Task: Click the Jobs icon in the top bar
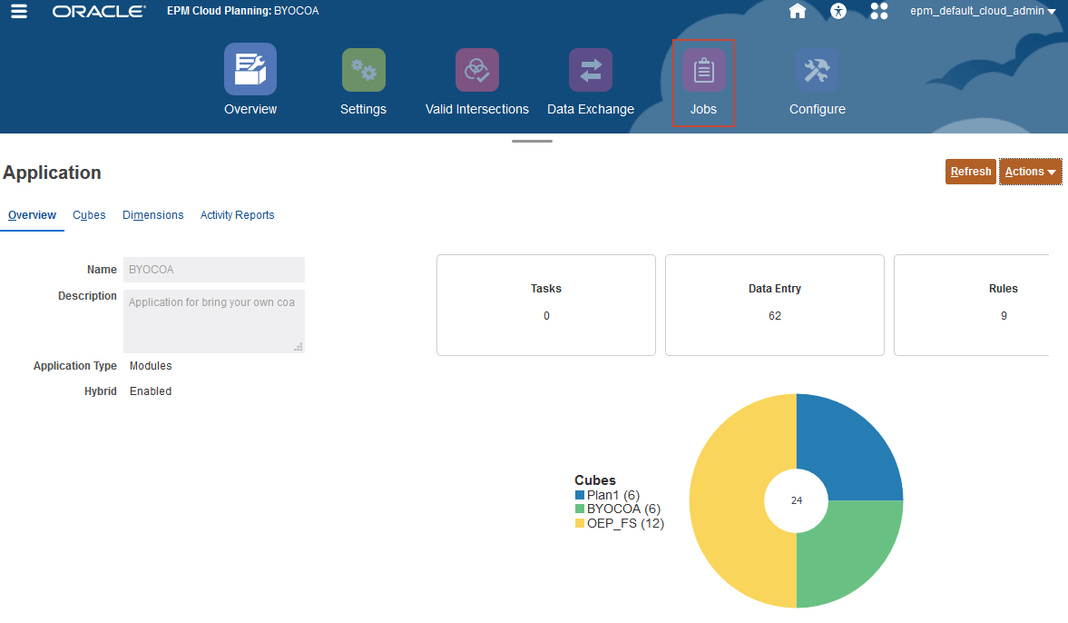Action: (x=703, y=71)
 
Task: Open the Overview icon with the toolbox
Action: (x=250, y=70)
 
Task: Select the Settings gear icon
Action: (x=364, y=70)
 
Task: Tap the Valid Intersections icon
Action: (x=477, y=70)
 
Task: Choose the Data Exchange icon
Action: (x=591, y=70)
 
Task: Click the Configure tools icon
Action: (x=818, y=70)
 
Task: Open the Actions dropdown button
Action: (x=1031, y=172)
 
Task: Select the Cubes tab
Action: (x=89, y=215)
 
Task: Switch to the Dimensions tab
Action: (x=153, y=215)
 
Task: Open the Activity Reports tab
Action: (x=237, y=215)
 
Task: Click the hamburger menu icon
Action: (x=19, y=12)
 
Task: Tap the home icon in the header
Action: (x=798, y=12)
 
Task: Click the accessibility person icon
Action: (x=838, y=12)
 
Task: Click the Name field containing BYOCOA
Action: (x=214, y=270)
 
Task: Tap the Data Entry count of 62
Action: (x=775, y=316)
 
